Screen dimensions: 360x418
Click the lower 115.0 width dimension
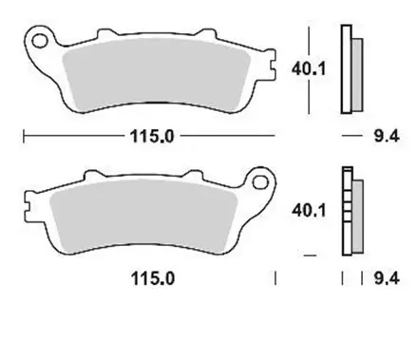coord(153,279)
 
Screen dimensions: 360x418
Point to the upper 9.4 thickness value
coord(385,137)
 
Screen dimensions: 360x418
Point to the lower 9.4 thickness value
coord(385,279)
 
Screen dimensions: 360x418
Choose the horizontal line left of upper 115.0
coord(71,137)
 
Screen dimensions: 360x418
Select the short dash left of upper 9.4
coord(348,137)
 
